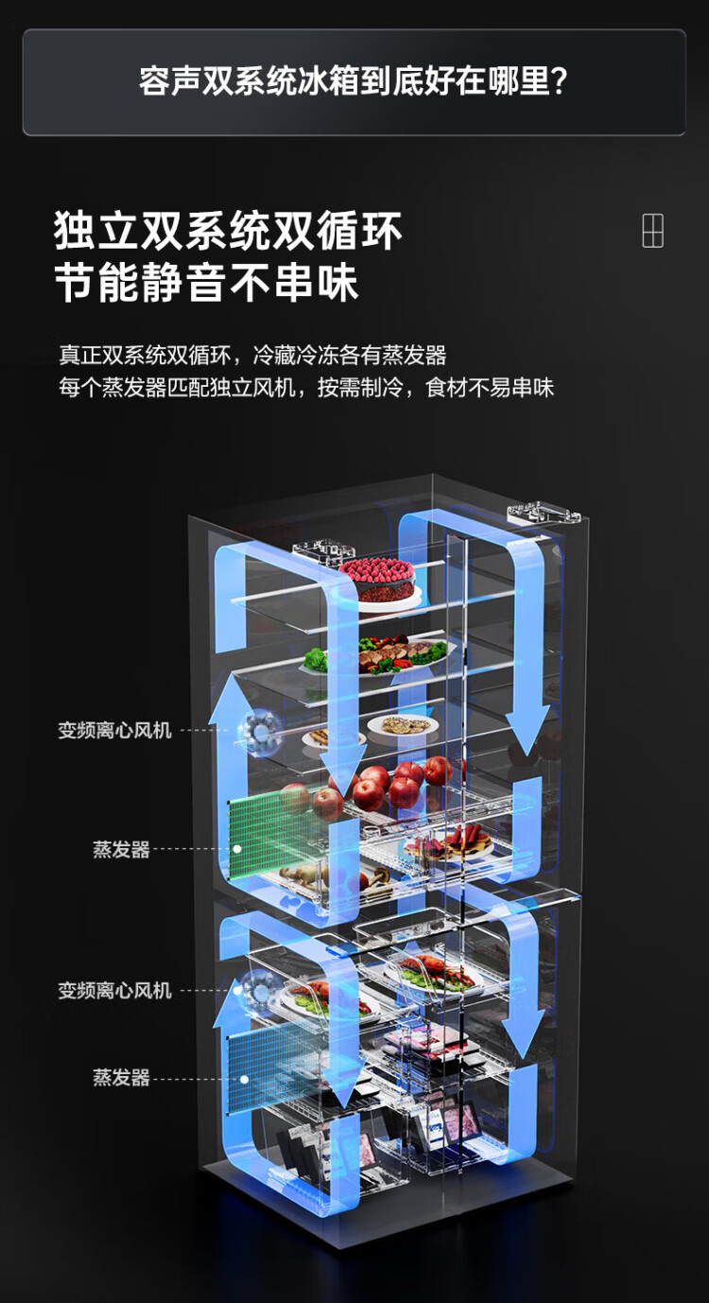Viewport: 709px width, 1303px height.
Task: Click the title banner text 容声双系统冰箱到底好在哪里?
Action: pyautogui.click(x=354, y=81)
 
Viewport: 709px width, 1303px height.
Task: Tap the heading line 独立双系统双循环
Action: pyautogui.click(x=229, y=230)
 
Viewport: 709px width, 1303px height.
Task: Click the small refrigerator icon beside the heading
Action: pyautogui.click(x=653, y=231)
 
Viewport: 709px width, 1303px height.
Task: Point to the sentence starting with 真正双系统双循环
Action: pyautogui.click(x=252, y=356)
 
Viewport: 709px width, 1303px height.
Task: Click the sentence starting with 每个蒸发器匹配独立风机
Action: pyautogui.click(x=306, y=388)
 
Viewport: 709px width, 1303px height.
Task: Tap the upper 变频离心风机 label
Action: pyautogui.click(x=115, y=731)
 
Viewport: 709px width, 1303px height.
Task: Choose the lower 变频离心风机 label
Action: pyautogui.click(x=115, y=991)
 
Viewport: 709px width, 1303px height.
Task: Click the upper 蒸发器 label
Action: pyautogui.click(x=121, y=850)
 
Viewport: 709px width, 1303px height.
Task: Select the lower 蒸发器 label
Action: pyautogui.click(x=121, y=1078)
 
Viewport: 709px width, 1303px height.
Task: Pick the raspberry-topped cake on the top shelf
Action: pyautogui.click(x=377, y=579)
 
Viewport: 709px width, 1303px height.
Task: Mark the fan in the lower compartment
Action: pyautogui.click(x=258, y=988)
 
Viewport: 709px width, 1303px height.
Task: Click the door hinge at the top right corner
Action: pyautogui.click(x=541, y=513)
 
